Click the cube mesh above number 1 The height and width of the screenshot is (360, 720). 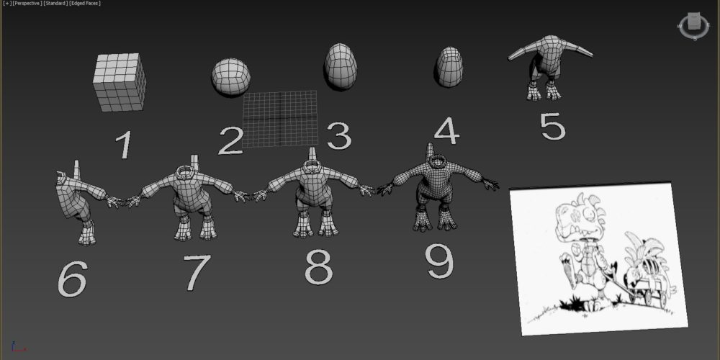click(120, 82)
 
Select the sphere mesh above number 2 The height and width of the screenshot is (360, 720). click(231, 77)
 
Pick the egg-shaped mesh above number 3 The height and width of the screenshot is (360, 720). click(341, 66)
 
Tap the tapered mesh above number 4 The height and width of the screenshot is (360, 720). click(449, 66)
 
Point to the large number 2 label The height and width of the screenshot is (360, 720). click(230, 140)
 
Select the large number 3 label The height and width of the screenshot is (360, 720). click(339, 135)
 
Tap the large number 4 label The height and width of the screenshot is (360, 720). click(447, 131)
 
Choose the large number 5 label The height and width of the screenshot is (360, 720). click(553, 126)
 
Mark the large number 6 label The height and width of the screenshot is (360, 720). click(72, 279)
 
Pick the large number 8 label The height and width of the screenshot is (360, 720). click(319, 267)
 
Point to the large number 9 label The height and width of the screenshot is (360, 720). click(439, 261)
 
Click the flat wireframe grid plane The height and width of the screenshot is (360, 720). click(279, 119)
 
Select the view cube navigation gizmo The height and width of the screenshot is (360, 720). click(694, 26)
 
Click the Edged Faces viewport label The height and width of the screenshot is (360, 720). click(86, 3)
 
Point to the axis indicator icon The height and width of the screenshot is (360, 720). click(17, 347)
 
